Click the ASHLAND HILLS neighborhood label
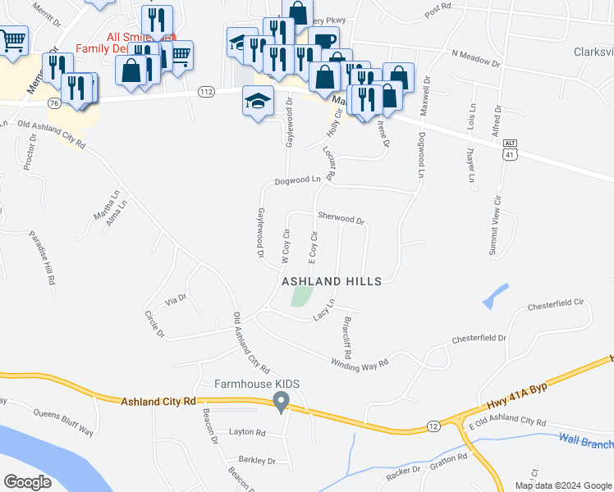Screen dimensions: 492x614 332,281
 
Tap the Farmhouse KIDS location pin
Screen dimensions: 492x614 282,403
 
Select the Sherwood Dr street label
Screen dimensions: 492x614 341,220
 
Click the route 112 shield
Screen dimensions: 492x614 207,92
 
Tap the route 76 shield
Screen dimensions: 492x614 54,103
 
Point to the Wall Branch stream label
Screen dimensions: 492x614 586,441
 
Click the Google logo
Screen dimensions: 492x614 27,481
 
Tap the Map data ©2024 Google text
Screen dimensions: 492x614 562,485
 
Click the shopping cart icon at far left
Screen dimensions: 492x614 12,40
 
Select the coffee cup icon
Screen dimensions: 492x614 324,41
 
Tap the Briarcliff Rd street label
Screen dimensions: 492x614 348,331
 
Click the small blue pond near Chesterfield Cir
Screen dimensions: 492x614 496,295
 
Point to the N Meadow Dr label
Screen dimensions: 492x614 475,57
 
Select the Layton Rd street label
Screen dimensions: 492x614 247,432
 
